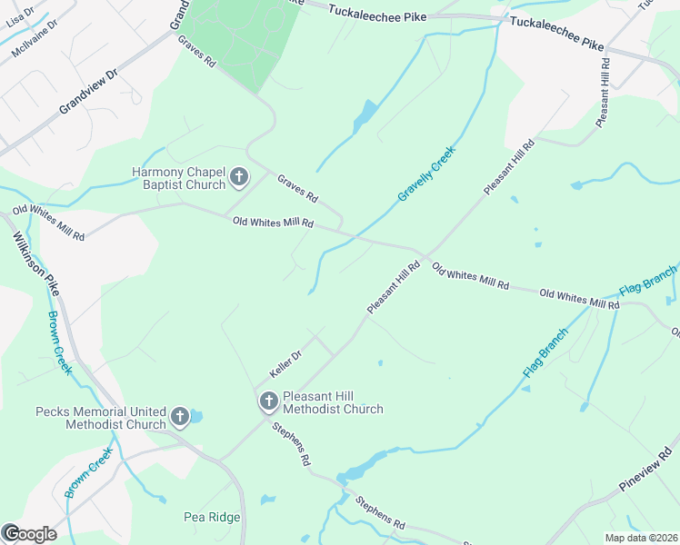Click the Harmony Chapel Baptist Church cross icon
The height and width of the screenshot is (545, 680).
[x=239, y=177]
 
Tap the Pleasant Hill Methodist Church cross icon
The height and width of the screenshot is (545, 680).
[x=269, y=401]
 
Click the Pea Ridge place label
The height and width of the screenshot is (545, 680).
[x=212, y=517]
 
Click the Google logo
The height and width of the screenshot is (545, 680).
[x=29, y=533]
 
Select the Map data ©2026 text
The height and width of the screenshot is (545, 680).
[x=641, y=538]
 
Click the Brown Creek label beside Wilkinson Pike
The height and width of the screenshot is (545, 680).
[x=59, y=343]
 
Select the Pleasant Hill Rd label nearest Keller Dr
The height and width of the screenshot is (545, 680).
[x=394, y=288]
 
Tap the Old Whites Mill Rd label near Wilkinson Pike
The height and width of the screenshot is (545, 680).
[x=47, y=223]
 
